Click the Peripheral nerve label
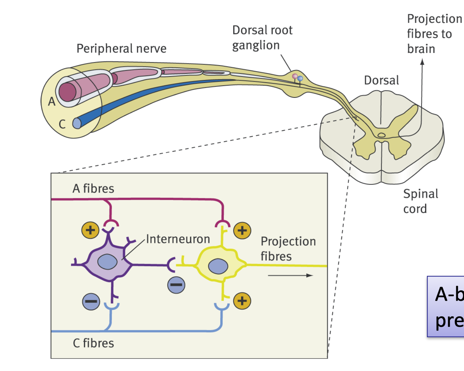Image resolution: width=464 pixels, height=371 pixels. point(121,49)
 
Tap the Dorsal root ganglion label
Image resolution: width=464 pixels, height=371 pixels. point(262,37)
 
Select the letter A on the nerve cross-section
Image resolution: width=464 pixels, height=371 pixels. point(51,101)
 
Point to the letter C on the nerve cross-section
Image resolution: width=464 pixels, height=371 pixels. point(62,124)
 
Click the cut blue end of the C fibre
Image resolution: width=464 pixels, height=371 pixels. point(77,123)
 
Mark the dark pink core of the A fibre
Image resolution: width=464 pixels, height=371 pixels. point(68,92)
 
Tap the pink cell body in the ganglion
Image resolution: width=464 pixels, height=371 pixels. point(295,77)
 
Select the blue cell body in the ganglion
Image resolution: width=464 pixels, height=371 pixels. point(300,79)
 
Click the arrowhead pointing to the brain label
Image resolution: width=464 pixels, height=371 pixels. point(422,62)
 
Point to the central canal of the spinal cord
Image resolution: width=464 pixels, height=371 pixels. point(381,135)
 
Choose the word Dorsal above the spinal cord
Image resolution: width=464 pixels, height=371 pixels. point(381,80)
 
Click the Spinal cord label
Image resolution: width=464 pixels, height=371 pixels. point(420,201)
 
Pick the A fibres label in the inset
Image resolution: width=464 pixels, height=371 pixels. point(93,188)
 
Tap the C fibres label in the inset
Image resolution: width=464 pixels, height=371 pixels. point(93,343)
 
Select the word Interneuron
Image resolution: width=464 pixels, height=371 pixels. point(178,239)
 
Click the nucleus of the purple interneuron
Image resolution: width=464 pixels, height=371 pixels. point(107,262)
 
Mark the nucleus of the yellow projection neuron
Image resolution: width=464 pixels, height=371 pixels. point(218,266)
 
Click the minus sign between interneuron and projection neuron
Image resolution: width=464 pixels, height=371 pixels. point(176,285)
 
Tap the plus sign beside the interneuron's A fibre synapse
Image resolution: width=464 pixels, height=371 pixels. point(90,230)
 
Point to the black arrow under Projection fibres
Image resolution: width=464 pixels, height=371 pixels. point(290,276)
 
